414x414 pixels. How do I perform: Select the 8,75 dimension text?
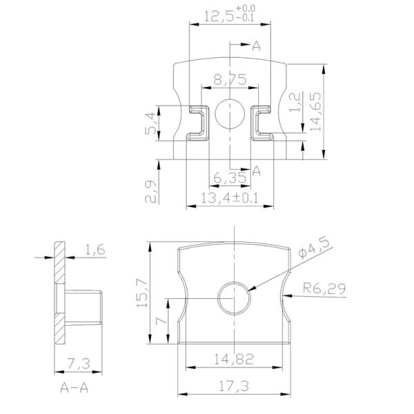coord(230,81)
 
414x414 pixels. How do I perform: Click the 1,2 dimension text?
coord(295,103)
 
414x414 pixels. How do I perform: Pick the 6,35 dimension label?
coord(229,179)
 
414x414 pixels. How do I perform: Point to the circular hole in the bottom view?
coord(233,297)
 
